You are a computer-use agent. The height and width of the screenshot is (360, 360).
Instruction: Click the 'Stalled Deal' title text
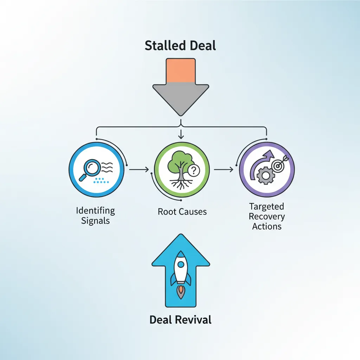[x=180, y=46]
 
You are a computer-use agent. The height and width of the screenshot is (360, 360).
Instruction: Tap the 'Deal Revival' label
[x=180, y=320]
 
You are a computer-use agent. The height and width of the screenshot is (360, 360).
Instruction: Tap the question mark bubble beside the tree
[x=193, y=171]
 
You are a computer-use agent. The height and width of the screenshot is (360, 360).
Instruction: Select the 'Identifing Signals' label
[x=95, y=216]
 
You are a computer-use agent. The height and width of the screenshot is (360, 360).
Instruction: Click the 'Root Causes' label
[x=182, y=212]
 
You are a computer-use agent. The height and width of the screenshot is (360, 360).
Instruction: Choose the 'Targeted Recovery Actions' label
[x=267, y=216]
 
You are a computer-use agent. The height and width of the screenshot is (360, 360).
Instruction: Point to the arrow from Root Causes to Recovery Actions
[x=224, y=169]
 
